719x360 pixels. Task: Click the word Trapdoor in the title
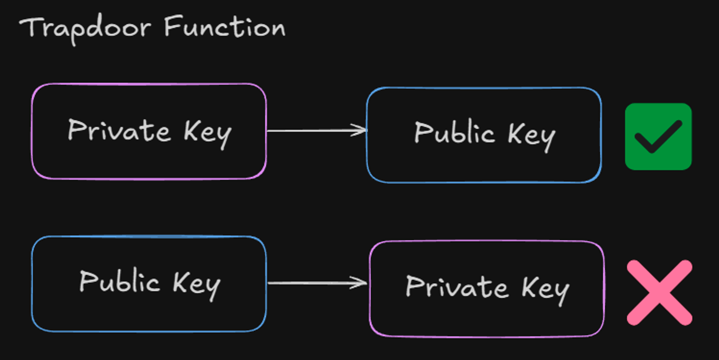85,28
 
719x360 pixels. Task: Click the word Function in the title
225,27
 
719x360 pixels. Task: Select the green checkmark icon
658,137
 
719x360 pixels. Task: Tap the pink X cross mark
659,293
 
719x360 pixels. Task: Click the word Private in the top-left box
119,130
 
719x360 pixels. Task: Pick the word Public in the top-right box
454,133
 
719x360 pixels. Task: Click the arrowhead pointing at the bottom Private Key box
361,283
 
